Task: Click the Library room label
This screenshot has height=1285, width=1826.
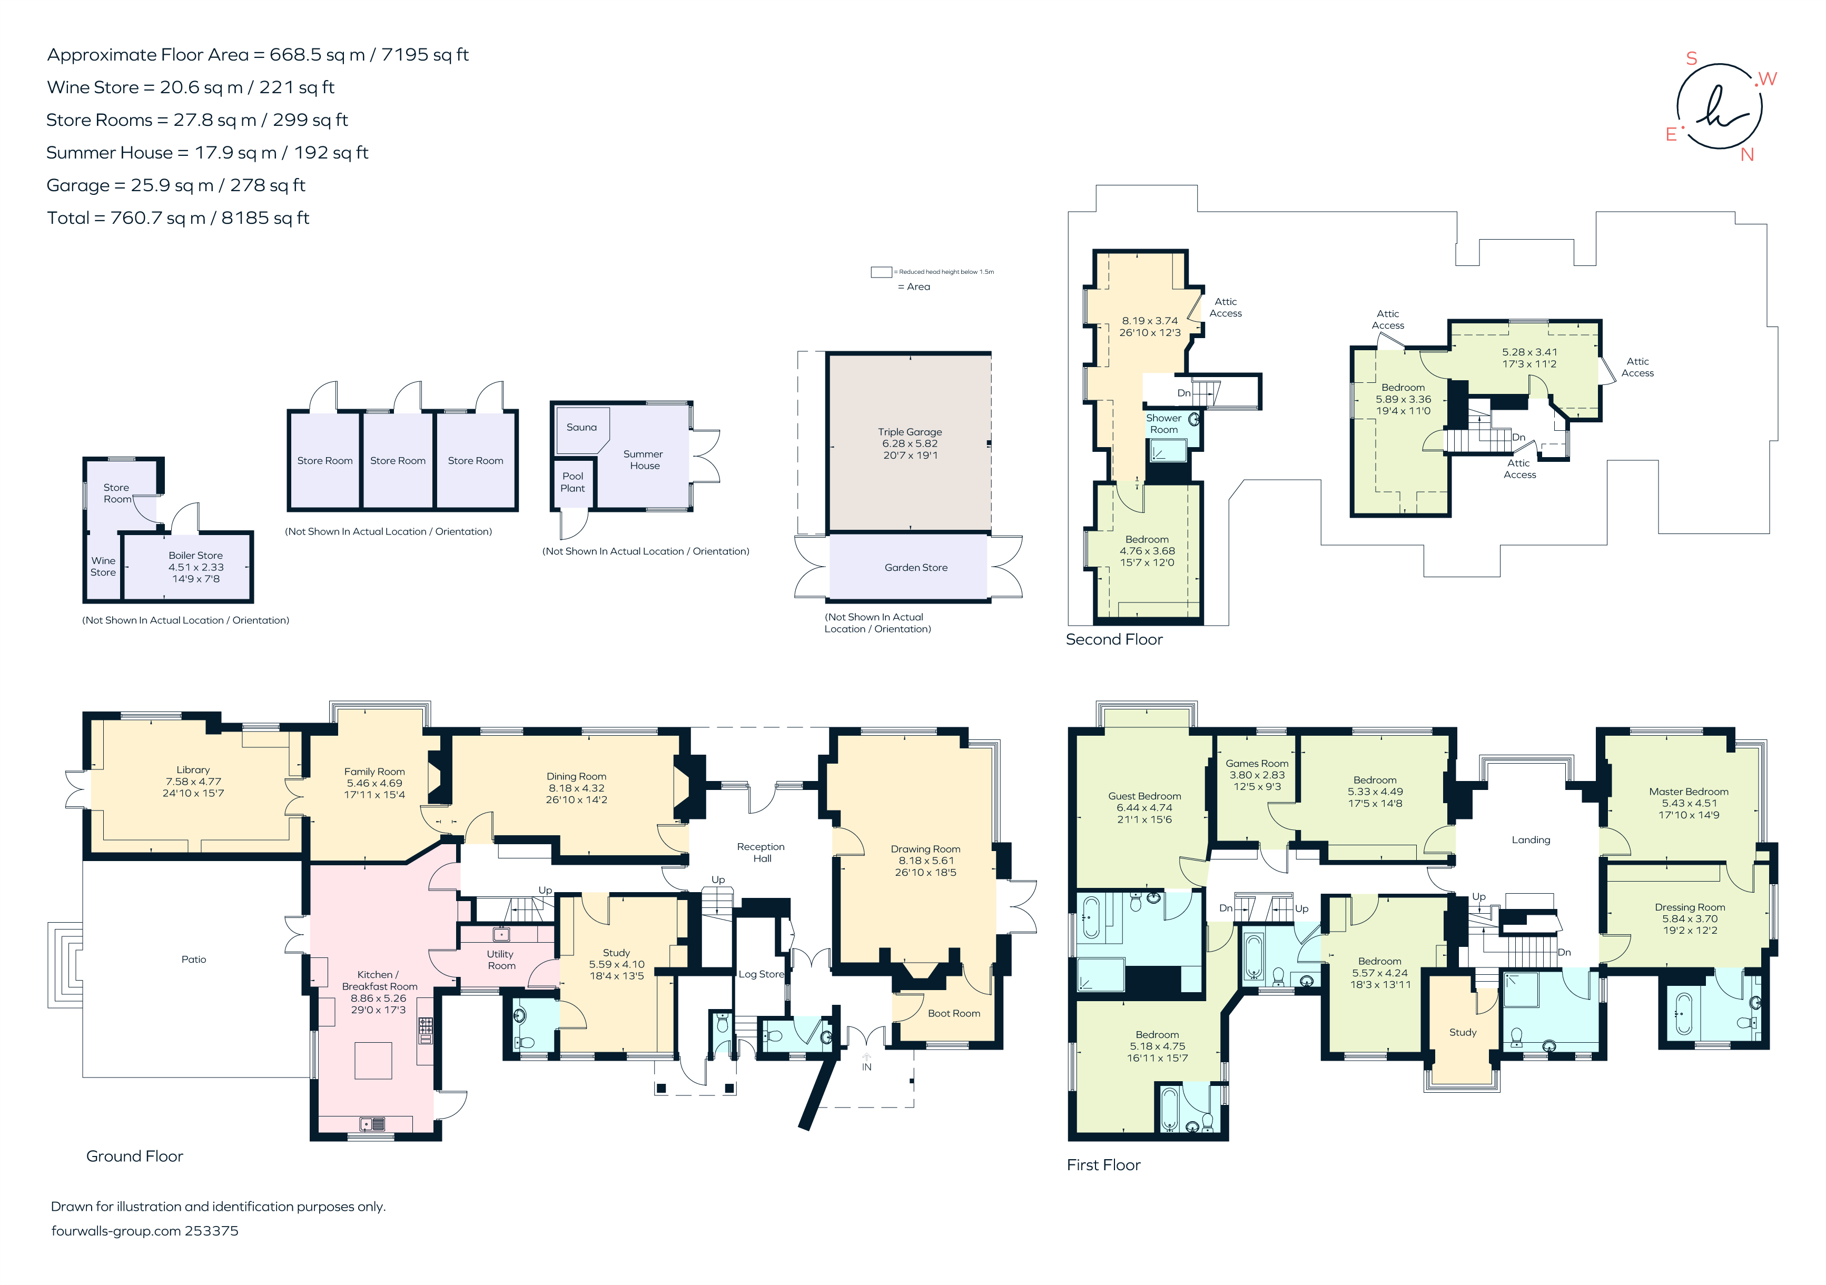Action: tap(193, 770)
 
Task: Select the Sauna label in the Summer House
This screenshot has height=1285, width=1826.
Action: tap(581, 427)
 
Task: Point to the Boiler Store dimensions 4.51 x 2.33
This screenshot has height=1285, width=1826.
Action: tap(195, 567)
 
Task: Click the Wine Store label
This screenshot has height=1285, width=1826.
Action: tap(103, 566)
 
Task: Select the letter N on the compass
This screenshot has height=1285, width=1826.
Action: tap(1748, 155)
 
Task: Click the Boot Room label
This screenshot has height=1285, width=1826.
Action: tap(954, 1013)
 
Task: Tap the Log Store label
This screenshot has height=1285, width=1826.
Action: tap(761, 974)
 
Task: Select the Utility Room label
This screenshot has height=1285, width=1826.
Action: tap(501, 960)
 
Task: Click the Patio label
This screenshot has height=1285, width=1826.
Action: tap(193, 960)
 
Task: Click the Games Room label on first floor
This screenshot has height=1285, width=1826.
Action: tap(1257, 764)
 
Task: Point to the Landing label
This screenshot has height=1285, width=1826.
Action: tap(1531, 839)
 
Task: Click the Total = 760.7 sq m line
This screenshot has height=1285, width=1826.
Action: tap(178, 218)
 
